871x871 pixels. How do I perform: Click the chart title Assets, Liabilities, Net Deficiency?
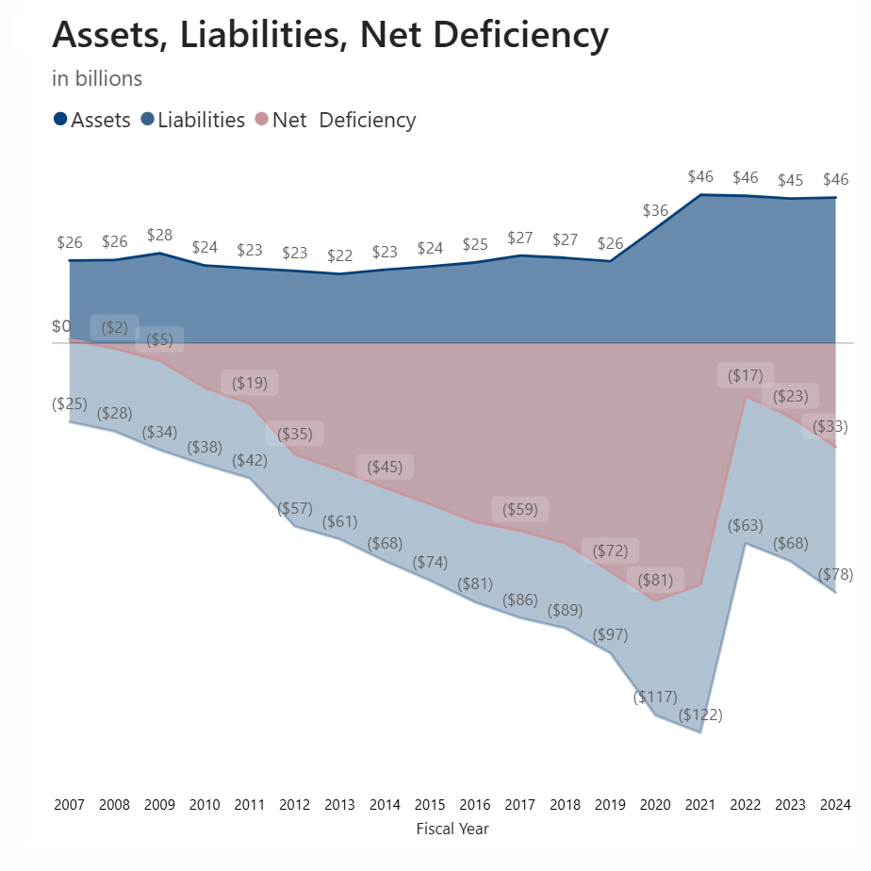point(330,36)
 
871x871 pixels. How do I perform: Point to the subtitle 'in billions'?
point(97,78)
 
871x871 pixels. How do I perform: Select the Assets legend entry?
point(92,120)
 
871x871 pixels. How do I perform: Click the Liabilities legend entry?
point(193,120)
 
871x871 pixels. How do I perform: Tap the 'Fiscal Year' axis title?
point(452,829)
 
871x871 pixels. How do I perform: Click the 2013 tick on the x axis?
point(339,805)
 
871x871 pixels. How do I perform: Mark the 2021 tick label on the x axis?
point(700,805)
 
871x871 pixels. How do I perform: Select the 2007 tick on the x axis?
point(69,805)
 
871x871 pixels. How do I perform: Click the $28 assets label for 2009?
point(159,235)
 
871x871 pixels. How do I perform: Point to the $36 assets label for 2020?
point(655,210)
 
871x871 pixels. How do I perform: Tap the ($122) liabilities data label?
point(700,715)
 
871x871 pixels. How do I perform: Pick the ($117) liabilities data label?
point(655,697)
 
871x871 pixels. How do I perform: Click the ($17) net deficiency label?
point(745,375)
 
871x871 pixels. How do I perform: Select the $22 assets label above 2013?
point(339,255)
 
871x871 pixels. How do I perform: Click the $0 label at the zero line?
point(61,327)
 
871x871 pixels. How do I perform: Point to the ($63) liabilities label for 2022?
point(745,525)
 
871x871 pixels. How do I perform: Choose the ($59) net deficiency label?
point(519,509)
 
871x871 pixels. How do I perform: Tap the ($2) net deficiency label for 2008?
point(114,327)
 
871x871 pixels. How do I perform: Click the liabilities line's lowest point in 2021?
point(700,732)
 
